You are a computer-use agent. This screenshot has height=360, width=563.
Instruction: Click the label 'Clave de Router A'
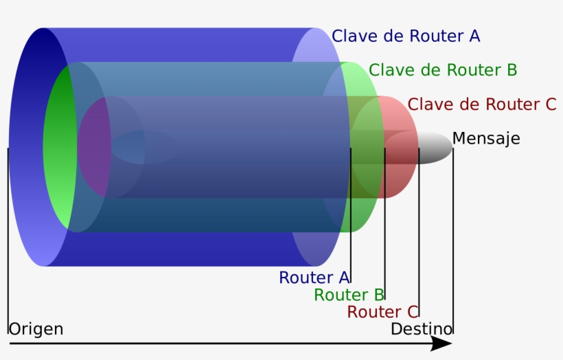click(405, 36)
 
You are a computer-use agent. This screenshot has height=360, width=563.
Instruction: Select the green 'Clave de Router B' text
click(442, 70)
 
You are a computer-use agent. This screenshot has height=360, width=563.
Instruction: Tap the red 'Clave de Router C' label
click(481, 104)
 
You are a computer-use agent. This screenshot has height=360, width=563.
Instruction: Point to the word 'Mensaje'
click(485, 139)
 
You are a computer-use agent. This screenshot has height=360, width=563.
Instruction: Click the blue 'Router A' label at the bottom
click(314, 278)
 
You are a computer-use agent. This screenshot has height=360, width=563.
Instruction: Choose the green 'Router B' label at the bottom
click(349, 295)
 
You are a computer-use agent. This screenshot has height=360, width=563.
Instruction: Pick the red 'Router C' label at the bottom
click(382, 313)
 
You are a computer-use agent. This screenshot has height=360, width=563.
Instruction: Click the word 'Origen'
click(36, 329)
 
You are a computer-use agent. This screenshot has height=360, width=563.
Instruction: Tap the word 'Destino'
click(421, 329)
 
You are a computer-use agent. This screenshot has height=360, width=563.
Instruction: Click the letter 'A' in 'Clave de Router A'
click(474, 36)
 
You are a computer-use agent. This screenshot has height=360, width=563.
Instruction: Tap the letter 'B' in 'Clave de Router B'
click(512, 70)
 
